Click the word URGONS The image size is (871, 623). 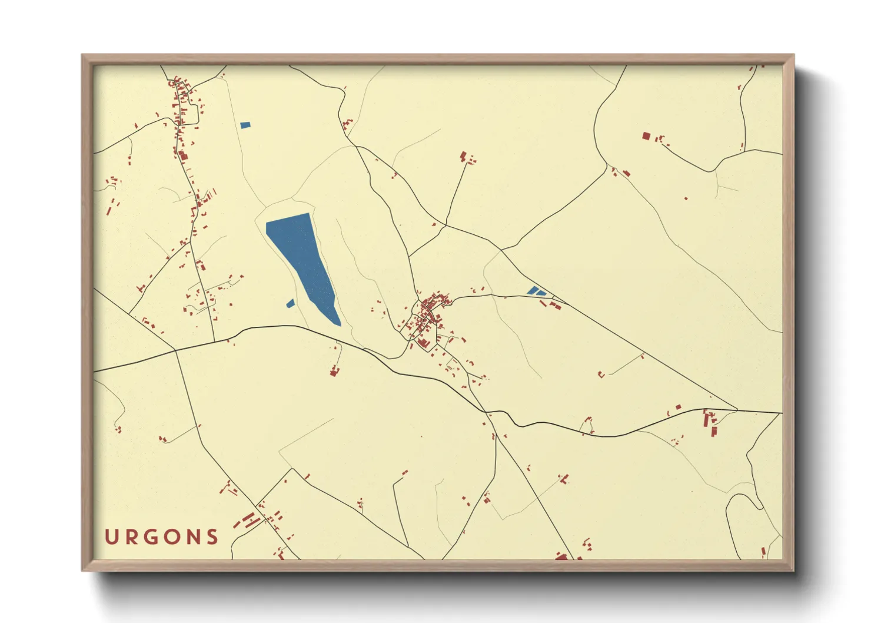[x=162, y=536]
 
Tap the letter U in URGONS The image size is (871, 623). [x=111, y=536]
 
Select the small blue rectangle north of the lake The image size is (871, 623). [x=245, y=125]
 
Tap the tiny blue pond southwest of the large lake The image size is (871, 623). [x=290, y=303]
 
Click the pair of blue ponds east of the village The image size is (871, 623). [x=536, y=291]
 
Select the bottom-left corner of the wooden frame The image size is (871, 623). [x=83, y=569]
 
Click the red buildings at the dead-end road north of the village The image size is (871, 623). [x=466, y=157]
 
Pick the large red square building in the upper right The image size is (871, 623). [x=646, y=136]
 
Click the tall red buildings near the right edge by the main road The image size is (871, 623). [x=710, y=423]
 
